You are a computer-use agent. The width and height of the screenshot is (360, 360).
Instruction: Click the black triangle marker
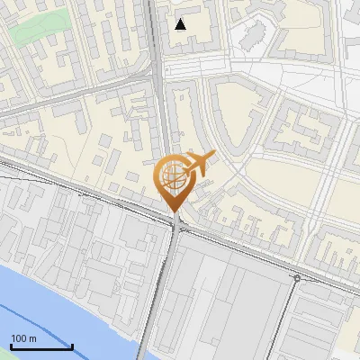pyautogui.click(x=181, y=24)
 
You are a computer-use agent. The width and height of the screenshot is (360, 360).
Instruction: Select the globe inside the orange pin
pyautogui.click(x=171, y=176)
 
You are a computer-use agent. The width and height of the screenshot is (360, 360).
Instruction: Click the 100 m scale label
pyautogui.click(x=23, y=337)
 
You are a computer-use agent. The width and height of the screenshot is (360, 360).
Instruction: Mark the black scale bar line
pyautogui.click(x=41, y=346)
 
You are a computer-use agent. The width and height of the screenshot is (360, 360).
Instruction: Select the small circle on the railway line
pyautogui.click(x=297, y=279)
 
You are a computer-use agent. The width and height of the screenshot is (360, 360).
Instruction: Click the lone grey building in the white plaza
pyautogui.click(x=253, y=36)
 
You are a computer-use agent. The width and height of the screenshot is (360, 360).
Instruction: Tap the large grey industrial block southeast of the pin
pyautogui.click(x=225, y=297)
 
